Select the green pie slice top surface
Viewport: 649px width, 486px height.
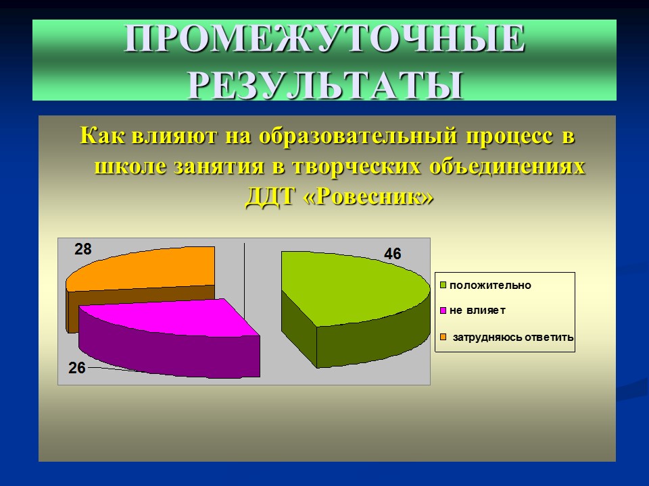[358, 283]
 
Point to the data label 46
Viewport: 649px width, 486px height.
[393, 254]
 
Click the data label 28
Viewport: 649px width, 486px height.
[83, 249]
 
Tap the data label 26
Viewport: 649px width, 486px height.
[76, 369]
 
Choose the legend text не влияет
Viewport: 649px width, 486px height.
[477, 310]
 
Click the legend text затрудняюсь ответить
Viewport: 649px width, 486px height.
[513, 337]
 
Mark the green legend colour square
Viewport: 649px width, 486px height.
[443, 285]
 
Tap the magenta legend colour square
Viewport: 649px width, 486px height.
[443, 310]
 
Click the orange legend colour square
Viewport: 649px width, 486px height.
[443, 336]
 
